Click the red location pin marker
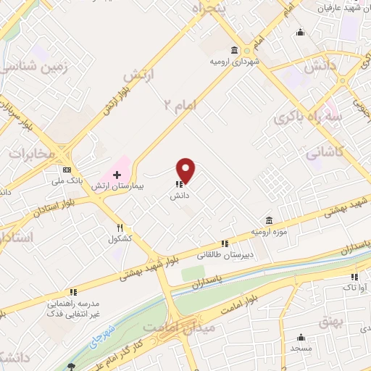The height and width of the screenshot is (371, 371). tap(186, 170)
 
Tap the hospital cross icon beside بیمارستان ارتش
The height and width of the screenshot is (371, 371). tap(117, 175)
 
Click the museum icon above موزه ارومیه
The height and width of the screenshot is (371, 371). tap(269, 220)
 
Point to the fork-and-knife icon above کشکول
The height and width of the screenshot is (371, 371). tap(120, 228)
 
